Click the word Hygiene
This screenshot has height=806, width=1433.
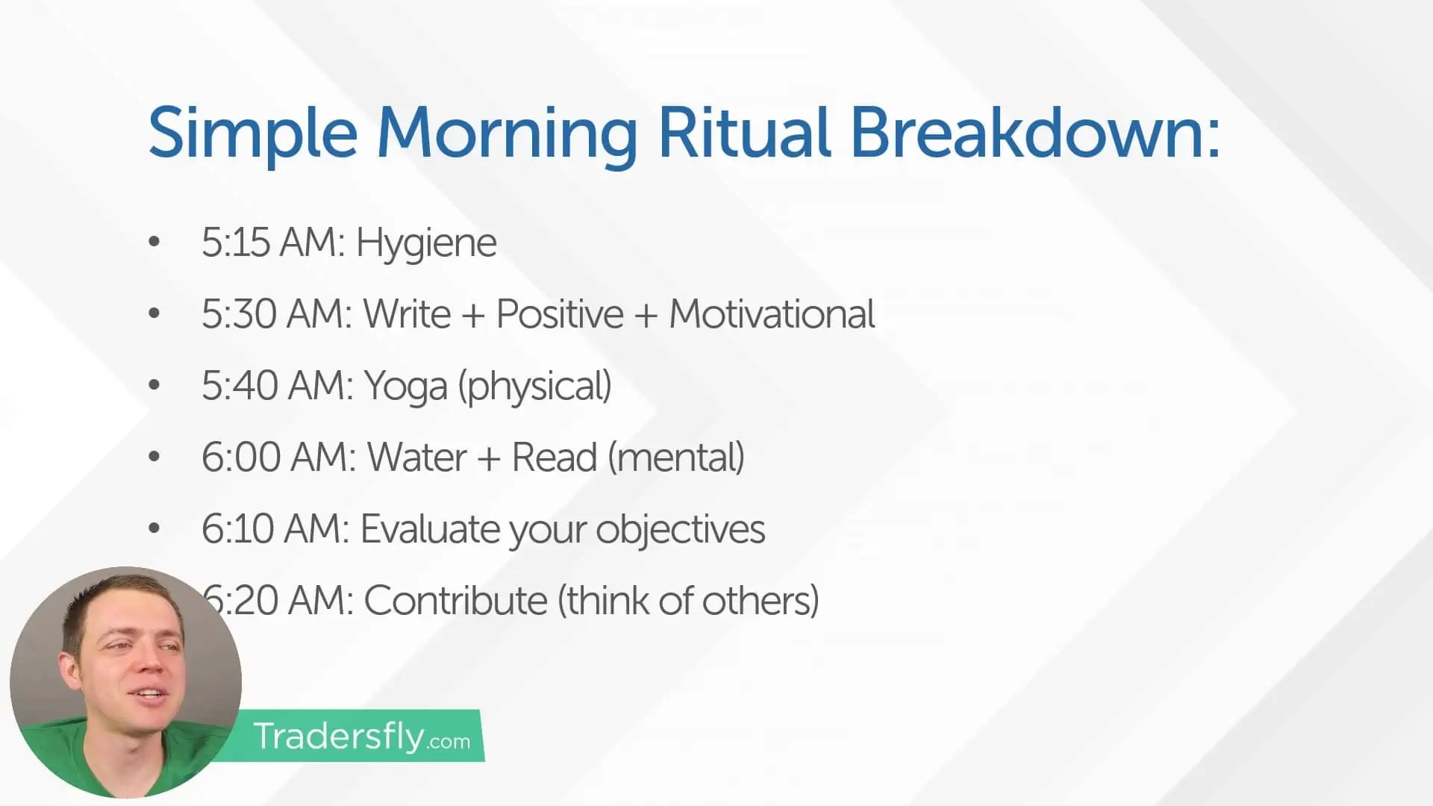point(425,243)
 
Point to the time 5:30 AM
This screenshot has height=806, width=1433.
point(276,314)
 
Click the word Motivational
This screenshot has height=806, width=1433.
point(772,314)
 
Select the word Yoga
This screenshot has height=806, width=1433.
point(405,386)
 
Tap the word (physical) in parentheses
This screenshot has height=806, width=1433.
point(535,386)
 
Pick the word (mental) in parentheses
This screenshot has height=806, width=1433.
point(676,457)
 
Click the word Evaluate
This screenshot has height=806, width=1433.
point(429,529)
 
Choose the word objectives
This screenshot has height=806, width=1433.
point(680,529)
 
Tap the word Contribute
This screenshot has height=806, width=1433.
point(455,601)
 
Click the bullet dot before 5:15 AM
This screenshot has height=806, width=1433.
point(154,241)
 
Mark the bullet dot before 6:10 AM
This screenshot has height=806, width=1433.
point(154,528)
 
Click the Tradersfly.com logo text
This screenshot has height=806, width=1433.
point(361,737)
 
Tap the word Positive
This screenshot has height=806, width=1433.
point(560,314)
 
